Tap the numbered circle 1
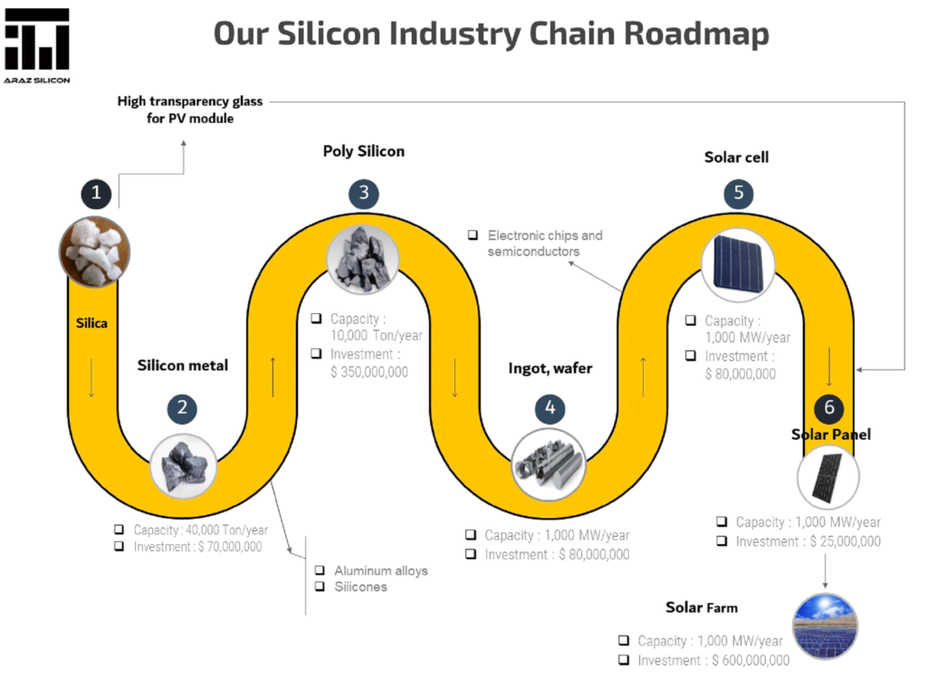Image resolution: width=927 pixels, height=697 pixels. pyautogui.click(x=95, y=193)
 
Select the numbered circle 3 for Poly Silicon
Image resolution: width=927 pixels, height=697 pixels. pyautogui.click(x=363, y=193)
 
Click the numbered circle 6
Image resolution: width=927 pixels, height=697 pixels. pyautogui.click(x=828, y=407)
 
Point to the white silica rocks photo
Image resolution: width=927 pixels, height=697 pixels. pyautogui.click(x=94, y=251)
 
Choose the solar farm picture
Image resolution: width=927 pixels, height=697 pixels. pyautogui.click(x=825, y=625)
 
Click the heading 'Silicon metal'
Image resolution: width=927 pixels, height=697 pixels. pyautogui.click(x=183, y=366)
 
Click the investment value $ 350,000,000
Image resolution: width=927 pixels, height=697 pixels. pyautogui.click(x=369, y=371)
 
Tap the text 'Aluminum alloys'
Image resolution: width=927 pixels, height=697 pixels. pyautogui.click(x=381, y=570)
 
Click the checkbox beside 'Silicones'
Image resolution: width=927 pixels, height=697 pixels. pyautogui.click(x=320, y=587)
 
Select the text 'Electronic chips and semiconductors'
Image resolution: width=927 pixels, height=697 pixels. pyautogui.click(x=544, y=243)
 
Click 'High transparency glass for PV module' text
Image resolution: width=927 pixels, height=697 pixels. pyautogui.click(x=190, y=110)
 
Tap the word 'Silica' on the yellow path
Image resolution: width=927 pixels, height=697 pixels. pyautogui.click(x=91, y=322)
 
